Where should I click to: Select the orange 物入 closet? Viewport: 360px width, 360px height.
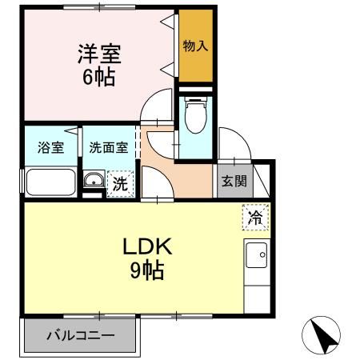196,46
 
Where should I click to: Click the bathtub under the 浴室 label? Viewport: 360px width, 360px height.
51,182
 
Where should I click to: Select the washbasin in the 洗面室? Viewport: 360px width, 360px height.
94,181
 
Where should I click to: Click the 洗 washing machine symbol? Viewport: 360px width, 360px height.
119,182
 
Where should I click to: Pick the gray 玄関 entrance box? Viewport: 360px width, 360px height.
234,180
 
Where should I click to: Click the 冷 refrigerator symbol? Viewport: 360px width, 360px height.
255,217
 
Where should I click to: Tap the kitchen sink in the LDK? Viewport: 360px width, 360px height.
257,256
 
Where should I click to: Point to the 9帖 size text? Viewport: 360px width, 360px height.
146,271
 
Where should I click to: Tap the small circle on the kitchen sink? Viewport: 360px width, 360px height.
262,255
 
